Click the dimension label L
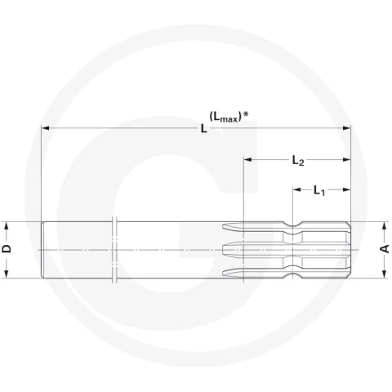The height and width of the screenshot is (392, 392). pyautogui.click(x=203, y=128)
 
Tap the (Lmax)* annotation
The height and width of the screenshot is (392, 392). pyautogui.click(x=229, y=117)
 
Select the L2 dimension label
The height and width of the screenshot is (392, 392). pyautogui.click(x=298, y=161)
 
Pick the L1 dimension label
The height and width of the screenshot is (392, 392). pyautogui.click(x=319, y=190)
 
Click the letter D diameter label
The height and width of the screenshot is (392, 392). pyautogui.click(x=7, y=248)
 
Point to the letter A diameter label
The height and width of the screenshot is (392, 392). pyautogui.click(x=385, y=248)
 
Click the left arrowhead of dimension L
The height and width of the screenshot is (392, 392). pyautogui.click(x=45, y=128)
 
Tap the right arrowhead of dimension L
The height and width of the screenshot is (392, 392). pyautogui.click(x=346, y=128)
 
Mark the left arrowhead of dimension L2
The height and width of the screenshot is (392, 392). pyautogui.click(x=247, y=159)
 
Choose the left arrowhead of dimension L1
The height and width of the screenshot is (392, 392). pyautogui.click(x=297, y=189)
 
